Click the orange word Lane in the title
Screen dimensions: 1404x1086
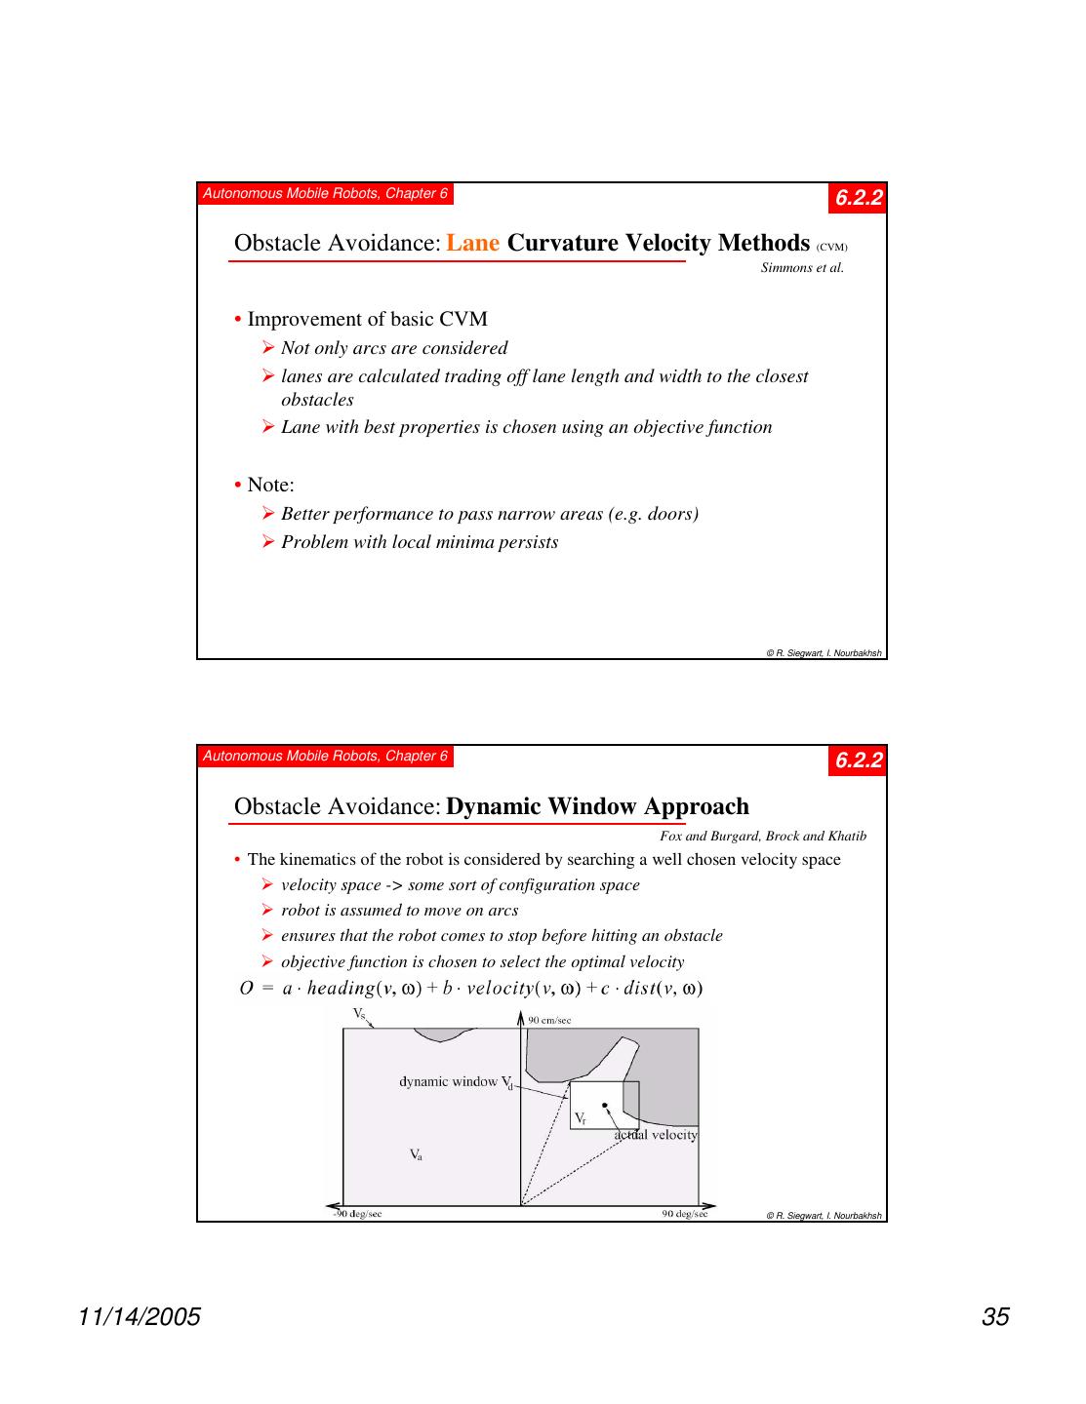472,243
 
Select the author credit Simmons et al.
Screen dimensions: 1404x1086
801,268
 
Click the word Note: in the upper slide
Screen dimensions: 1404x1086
270,485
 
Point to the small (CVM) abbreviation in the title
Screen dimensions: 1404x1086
831,248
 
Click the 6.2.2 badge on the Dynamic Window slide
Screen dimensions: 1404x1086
859,760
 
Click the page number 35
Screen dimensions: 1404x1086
995,1317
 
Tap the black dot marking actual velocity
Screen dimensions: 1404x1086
605,1105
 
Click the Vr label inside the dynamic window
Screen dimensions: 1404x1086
580,1117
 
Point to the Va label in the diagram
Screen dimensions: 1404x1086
416,1155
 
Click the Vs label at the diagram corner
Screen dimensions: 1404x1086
359,1014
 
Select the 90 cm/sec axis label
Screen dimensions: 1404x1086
549,1021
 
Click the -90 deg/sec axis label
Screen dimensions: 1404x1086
357,1214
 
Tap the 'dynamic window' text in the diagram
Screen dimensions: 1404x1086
450,1081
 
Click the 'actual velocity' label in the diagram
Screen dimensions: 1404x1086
656,1135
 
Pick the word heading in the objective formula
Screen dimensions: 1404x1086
341,989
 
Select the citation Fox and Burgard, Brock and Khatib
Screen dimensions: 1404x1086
762,836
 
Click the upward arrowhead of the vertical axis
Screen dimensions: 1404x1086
521,1018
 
